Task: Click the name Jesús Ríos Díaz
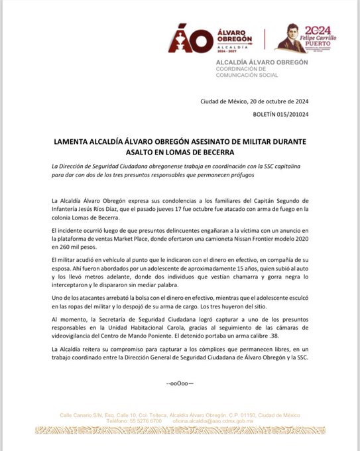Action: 99,209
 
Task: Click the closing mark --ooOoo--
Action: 180,384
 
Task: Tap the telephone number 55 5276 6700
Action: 144,420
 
